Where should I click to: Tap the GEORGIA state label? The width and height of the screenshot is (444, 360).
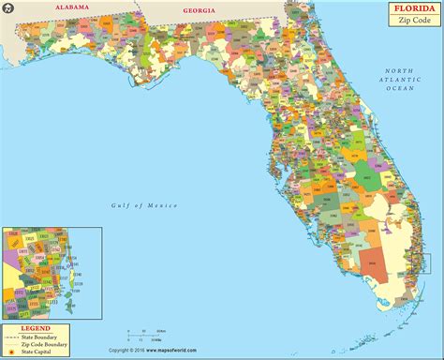point(200,10)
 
